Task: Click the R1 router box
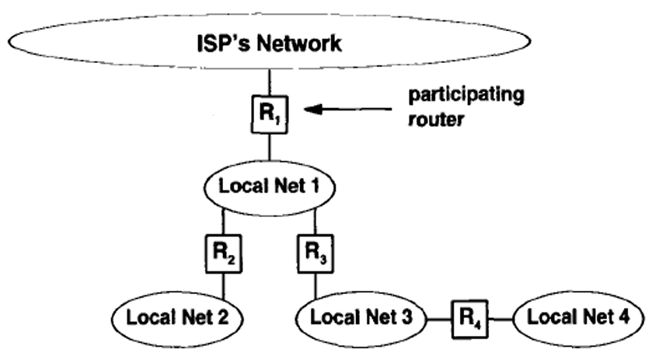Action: click(270, 114)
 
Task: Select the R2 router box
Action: click(224, 253)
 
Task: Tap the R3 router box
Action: click(316, 253)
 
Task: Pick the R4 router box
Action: click(470, 320)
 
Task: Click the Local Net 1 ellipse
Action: click(270, 187)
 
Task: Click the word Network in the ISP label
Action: click(299, 44)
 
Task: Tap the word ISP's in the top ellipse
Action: click(223, 44)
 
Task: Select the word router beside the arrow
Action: click(436, 120)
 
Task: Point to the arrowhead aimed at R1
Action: click(312, 110)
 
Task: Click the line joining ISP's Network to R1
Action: click(270, 82)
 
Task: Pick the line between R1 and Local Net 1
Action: click(270, 147)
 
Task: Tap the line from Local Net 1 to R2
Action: click(224, 222)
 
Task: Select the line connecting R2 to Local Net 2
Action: click(224, 285)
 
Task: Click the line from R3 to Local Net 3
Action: click(316, 285)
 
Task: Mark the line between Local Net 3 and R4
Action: click(439, 320)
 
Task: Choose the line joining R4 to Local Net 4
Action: click(501, 320)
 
